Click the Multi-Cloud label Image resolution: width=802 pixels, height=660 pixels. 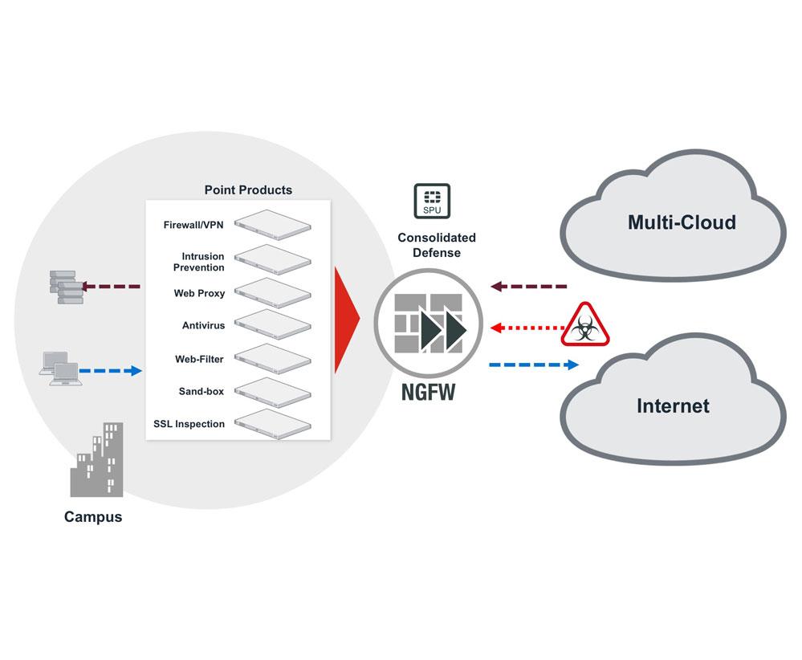tap(681, 222)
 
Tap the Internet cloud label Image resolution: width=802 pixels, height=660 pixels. tap(673, 405)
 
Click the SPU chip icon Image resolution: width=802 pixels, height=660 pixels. tap(432, 201)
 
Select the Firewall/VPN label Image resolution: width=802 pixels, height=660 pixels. tap(194, 225)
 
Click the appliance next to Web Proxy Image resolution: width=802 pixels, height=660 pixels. tap(272, 291)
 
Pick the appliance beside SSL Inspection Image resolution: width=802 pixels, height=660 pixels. tap(272, 423)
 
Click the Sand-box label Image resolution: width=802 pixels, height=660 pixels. tap(202, 391)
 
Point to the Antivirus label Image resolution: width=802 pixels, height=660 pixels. tap(203, 326)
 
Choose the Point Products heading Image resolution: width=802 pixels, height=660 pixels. tap(248, 190)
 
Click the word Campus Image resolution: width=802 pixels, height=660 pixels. tap(93, 517)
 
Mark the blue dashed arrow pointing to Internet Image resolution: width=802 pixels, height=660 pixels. tap(534, 365)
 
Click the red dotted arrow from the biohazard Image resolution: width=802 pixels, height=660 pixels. tap(526, 328)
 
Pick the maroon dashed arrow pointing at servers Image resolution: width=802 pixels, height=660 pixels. tap(112, 286)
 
